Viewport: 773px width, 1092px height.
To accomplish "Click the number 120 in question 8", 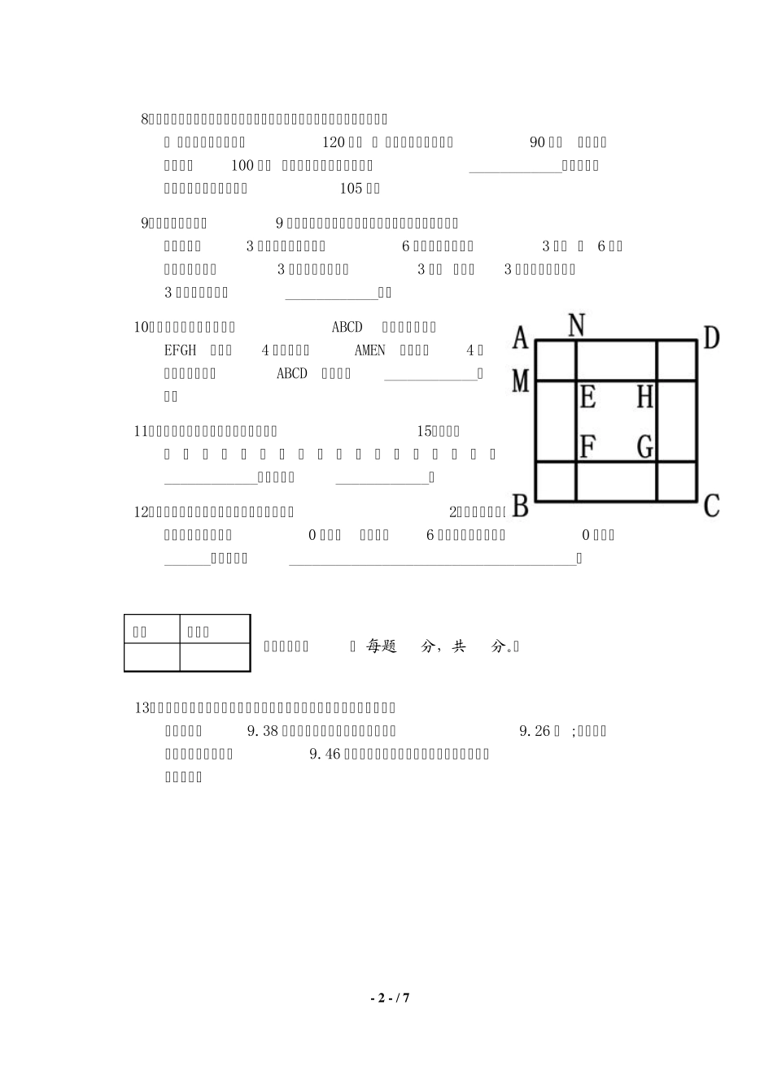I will [x=334, y=142].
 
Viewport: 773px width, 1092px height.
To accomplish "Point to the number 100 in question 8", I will [x=242, y=166].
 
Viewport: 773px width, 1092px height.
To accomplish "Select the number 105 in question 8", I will [x=350, y=189].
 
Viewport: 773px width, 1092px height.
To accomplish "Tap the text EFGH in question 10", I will [x=180, y=350].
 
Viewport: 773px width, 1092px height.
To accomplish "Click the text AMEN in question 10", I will [x=370, y=350].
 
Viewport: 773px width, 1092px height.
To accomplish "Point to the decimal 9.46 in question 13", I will [x=326, y=754].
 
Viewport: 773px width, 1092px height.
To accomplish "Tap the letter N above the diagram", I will [x=576, y=325].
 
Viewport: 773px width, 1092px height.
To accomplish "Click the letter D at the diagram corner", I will [x=710, y=337].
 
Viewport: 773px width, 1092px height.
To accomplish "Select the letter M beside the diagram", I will [x=521, y=381].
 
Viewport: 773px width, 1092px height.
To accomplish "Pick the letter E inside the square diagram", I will [x=587, y=398].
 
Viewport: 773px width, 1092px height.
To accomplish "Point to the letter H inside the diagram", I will [x=644, y=398].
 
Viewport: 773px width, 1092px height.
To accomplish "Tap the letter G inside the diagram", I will [x=644, y=446].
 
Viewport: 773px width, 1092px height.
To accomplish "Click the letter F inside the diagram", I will [x=587, y=446].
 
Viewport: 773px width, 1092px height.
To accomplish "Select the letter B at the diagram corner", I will [x=521, y=506].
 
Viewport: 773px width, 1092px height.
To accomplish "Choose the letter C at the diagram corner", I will [x=710, y=506].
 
